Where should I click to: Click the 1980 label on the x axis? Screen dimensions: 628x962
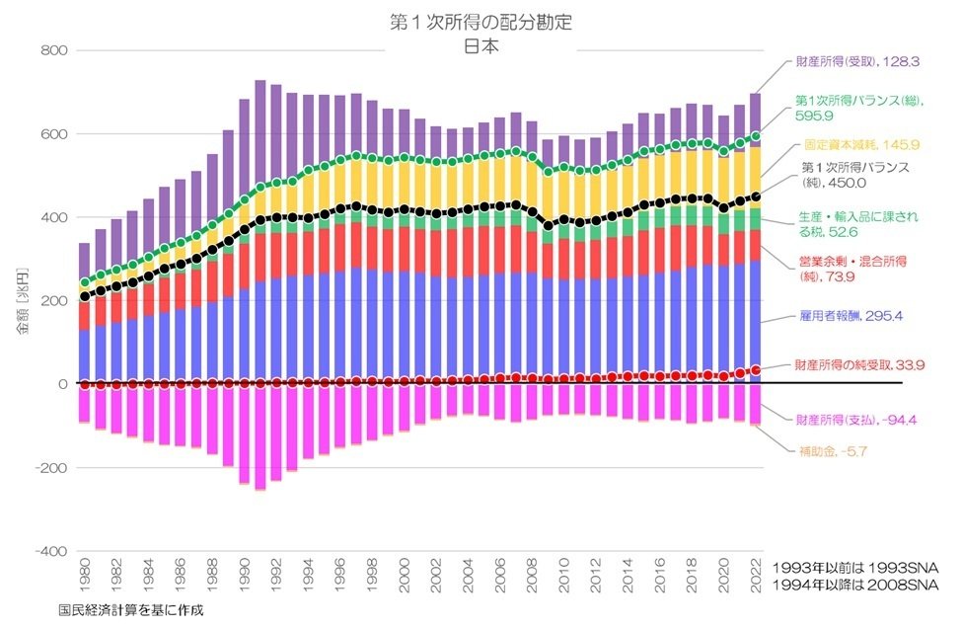[84, 574]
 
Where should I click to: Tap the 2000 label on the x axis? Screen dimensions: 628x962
[405, 574]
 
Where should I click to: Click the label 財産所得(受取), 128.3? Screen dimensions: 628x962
[856, 61]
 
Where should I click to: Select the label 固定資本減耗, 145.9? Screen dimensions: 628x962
[856, 143]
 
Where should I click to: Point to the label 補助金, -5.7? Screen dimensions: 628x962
[840, 452]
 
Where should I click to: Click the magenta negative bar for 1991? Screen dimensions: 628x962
[260, 434]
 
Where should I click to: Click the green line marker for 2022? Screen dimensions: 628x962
[756, 135]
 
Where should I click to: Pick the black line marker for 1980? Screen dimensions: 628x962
[84, 295]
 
